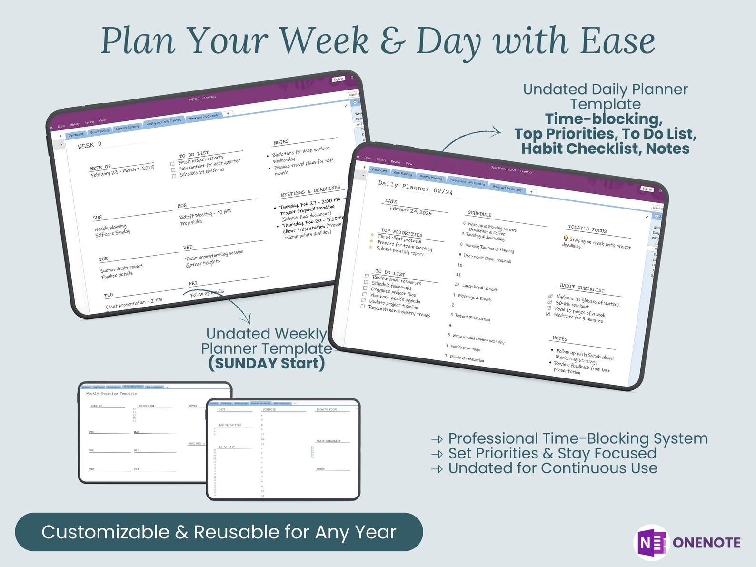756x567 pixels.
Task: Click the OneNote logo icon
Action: [x=651, y=542]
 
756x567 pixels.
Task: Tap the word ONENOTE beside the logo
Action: [x=706, y=543]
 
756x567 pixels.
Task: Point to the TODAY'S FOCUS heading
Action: [x=587, y=229]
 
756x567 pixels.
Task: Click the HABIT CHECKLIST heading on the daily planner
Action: [x=582, y=287]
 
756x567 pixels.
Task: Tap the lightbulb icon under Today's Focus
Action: [x=566, y=239]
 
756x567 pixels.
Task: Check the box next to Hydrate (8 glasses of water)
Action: [x=550, y=296]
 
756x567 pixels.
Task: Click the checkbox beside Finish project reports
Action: [x=172, y=164]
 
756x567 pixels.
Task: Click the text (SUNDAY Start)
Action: [x=267, y=363]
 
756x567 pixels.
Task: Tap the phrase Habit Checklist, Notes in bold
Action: [x=605, y=149]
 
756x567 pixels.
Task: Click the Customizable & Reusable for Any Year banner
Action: [x=219, y=532]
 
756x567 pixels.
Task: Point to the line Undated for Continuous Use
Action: [x=552, y=468]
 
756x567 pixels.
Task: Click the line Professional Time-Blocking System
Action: [x=577, y=438]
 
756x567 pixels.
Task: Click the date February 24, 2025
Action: [x=410, y=210]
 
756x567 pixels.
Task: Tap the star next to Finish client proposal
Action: [x=372, y=235]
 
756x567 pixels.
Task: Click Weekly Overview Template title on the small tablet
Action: [x=111, y=394]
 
